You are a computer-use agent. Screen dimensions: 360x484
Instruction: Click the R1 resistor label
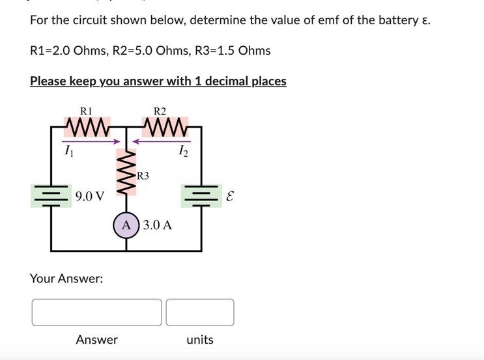tap(85, 111)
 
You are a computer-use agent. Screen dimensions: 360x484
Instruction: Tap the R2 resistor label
tap(160, 111)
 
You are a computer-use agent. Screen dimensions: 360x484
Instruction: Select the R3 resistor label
tap(143, 175)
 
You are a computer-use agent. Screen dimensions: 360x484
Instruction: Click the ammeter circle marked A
tap(126, 225)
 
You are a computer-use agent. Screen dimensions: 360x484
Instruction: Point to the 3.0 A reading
tap(158, 225)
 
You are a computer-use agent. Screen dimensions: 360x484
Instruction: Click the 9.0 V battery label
tap(89, 196)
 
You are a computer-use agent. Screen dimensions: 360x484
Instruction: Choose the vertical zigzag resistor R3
tap(126, 173)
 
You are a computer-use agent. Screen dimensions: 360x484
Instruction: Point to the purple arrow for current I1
tap(92, 141)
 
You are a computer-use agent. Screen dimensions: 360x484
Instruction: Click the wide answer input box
tap(96, 312)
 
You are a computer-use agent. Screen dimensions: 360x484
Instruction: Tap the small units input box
tap(199, 312)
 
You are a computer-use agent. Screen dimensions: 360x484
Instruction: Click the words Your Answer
tap(66, 279)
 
